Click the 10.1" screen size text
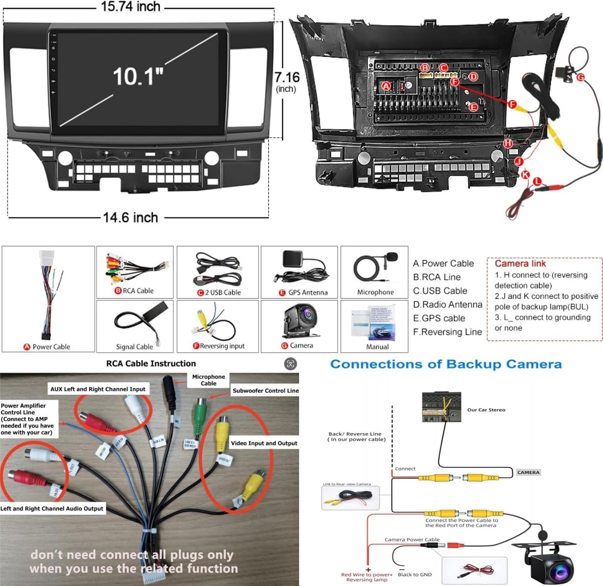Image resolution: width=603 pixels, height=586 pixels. pos(138,76)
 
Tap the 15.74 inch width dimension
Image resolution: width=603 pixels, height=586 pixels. pos(130,6)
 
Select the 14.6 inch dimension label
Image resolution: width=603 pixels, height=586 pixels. pos(130,217)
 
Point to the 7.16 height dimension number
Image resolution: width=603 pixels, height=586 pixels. pos(287,77)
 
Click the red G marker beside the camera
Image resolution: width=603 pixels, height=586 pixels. pos(580,77)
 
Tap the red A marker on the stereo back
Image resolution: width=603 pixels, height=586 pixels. pos(386,86)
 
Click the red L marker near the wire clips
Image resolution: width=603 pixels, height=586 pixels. pos(537,182)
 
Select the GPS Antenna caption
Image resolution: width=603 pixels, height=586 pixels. pos(308,293)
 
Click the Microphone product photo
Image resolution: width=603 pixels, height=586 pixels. pos(375,267)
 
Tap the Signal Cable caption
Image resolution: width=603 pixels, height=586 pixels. pos(134,347)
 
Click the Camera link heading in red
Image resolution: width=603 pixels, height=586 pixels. pos(520,264)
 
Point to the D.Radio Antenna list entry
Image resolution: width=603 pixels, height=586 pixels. pos(447,305)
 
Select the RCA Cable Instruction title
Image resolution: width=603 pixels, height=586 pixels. pos(151,363)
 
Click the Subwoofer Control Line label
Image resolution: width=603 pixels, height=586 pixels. pos(265,391)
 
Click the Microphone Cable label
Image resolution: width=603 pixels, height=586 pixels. pos(208,380)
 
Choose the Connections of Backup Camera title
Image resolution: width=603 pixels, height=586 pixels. pos(446,364)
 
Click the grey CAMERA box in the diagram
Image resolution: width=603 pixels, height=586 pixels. pos(528,472)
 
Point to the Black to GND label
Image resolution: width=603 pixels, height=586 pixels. pos(414,574)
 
